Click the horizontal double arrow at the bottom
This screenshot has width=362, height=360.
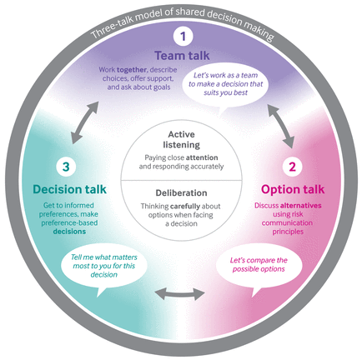[181, 294]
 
